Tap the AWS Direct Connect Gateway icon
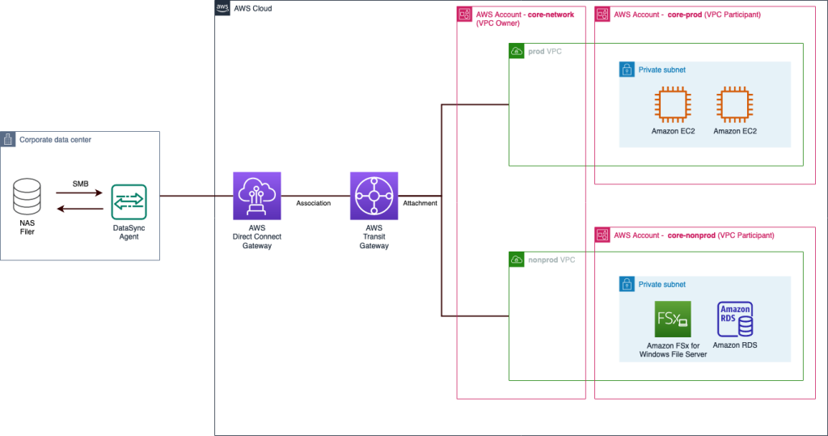256,196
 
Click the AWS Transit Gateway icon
374,196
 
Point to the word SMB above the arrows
79,183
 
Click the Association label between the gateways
314,203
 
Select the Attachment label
420,203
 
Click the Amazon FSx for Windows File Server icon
672,320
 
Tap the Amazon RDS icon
735,320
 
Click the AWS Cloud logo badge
222,8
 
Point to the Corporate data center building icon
8,139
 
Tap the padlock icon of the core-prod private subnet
627,70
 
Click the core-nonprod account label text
694,235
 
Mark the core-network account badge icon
465,15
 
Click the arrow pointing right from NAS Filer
79,193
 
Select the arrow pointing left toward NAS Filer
79,209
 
